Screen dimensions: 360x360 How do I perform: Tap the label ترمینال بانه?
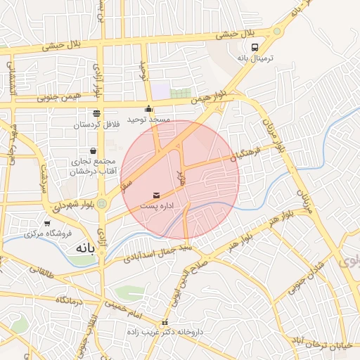pyautogui.click(x=254, y=60)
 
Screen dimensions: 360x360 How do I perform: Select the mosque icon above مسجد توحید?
pyautogui.click(x=148, y=109)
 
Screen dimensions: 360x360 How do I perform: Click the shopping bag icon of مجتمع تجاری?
pyautogui.click(x=94, y=150)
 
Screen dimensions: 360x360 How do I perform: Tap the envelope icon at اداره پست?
pyautogui.click(x=155, y=194)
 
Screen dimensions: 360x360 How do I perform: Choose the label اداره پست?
pyautogui.click(x=155, y=206)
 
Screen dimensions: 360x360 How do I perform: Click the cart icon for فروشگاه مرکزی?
pyautogui.click(x=47, y=224)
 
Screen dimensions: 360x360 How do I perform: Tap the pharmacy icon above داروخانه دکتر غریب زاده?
pyautogui.click(x=165, y=323)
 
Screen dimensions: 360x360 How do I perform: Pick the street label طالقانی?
pyautogui.click(x=40, y=270)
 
